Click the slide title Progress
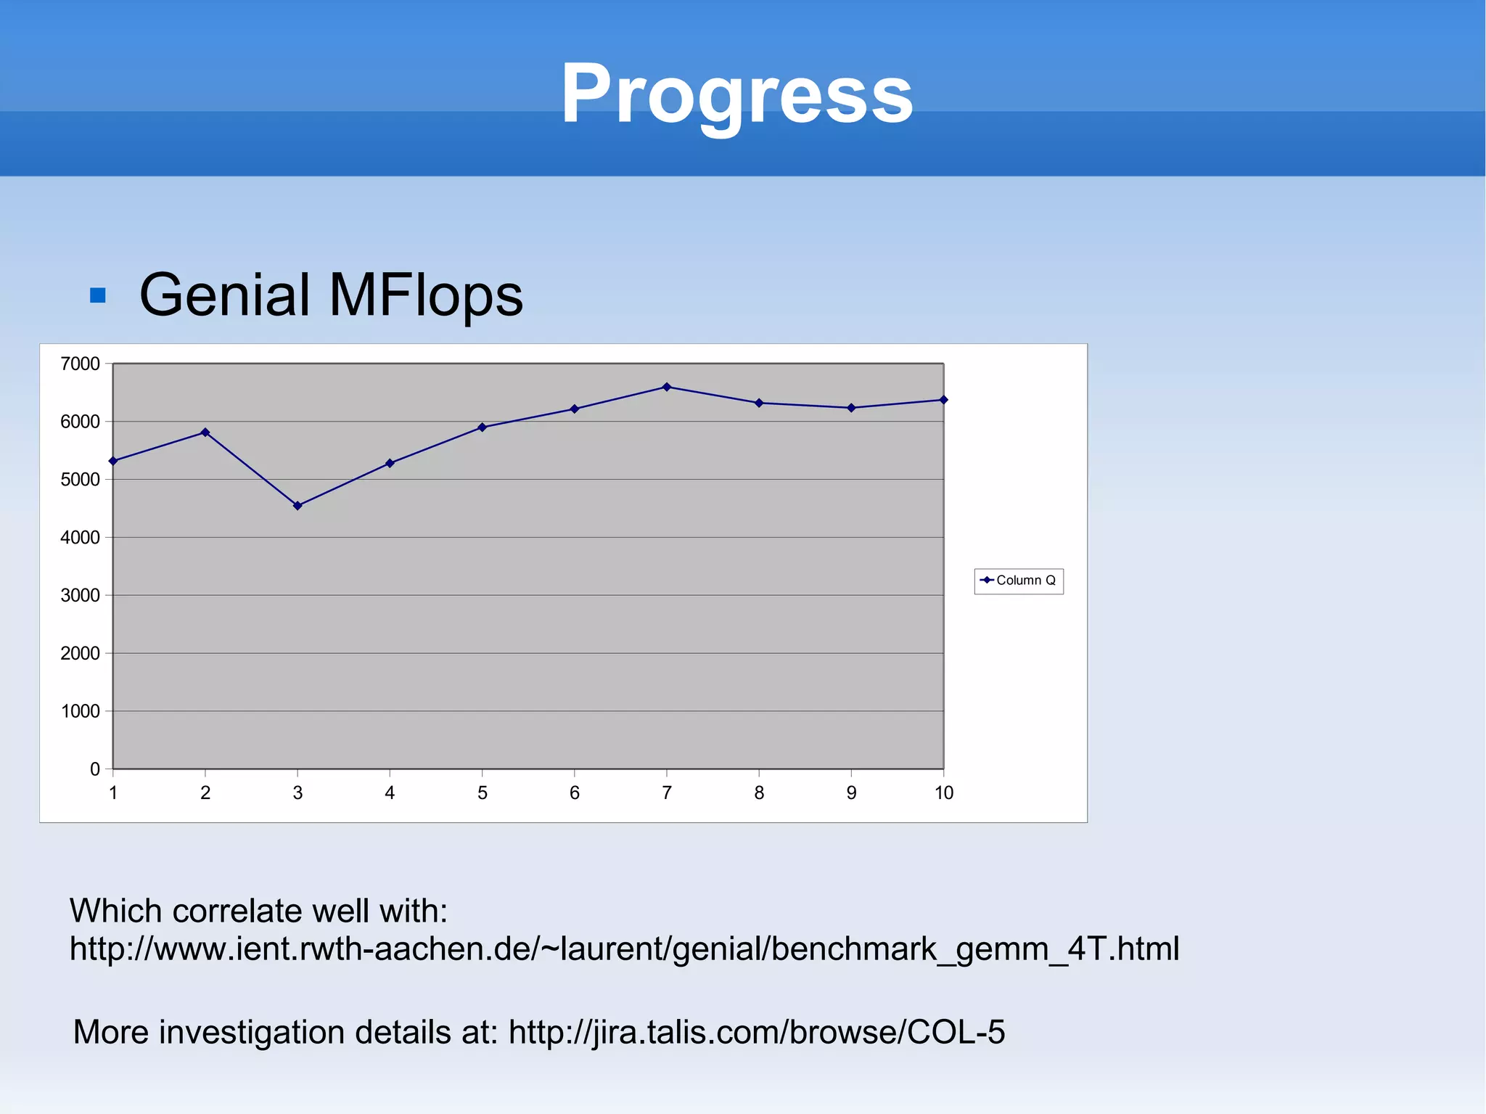coord(736,94)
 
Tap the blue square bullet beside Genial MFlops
coord(98,295)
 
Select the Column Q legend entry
coord(1019,581)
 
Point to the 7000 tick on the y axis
coord(80,364)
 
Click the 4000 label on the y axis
coord(80,538)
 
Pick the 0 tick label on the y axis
coord(95,769)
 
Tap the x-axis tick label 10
coord(943,793)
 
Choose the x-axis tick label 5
coord(482,793)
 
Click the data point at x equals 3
coord(297,506)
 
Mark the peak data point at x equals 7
coord(667,387)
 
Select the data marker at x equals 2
coord(205,433)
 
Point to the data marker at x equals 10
coord(943,400)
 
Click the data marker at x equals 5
coord(482,427)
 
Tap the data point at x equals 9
coord(851,408)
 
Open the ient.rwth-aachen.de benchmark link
coord(624,949)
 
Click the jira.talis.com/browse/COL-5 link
coord(757,1032)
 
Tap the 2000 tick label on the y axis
coord(80,653)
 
